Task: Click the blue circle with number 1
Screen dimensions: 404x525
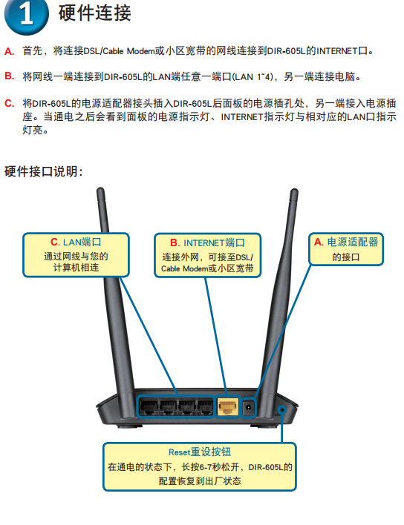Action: point(26,15)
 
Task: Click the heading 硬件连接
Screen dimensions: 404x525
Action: point(94,13)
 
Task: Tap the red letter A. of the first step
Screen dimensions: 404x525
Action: point(9,52)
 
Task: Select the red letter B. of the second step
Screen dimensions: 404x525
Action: point(9,76)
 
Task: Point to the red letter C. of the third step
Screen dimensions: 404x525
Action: point(9,103)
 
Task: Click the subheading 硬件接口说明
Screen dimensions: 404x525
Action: point(43,171)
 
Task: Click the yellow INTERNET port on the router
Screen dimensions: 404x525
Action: point(228,407)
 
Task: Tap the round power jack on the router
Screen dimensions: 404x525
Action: point(249,408)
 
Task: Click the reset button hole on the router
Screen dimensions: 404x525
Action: point(283,410)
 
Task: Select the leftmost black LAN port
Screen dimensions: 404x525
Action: point(149,407)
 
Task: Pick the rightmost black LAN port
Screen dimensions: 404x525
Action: point(204,407)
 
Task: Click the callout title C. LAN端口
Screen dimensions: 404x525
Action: point(76,242)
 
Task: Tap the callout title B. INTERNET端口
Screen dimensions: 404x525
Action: point(207,242)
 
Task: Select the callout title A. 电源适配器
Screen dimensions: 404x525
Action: point(346,242)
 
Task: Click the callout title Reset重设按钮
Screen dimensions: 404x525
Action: point(200,452)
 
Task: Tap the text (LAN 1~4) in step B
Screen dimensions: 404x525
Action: point(253,76)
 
